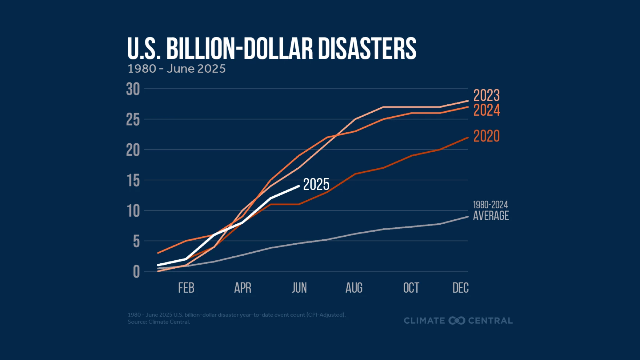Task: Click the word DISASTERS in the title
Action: click(367, 49)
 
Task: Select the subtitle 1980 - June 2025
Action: click(176, 69)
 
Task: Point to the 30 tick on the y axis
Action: click(133, 89)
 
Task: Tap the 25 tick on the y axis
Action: click(133, 120)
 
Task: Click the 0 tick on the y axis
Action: click(136, 272)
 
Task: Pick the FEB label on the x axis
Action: click(186, 288)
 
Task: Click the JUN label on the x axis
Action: click(299, 288)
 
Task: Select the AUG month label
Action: click(354, 288)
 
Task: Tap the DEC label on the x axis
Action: click(460, 288)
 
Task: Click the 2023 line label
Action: click(486, 96)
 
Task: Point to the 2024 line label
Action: click(486, 111)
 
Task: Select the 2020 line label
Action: click(486, 136)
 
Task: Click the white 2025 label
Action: click(316, 185)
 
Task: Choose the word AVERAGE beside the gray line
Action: click(491, 216)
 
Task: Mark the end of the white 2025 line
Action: click(299, 186)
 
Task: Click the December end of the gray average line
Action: click(467, 217)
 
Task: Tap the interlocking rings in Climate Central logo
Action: click(457, 321)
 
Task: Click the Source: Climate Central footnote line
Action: click(159, 322)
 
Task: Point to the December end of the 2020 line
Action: click(467, 138)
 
